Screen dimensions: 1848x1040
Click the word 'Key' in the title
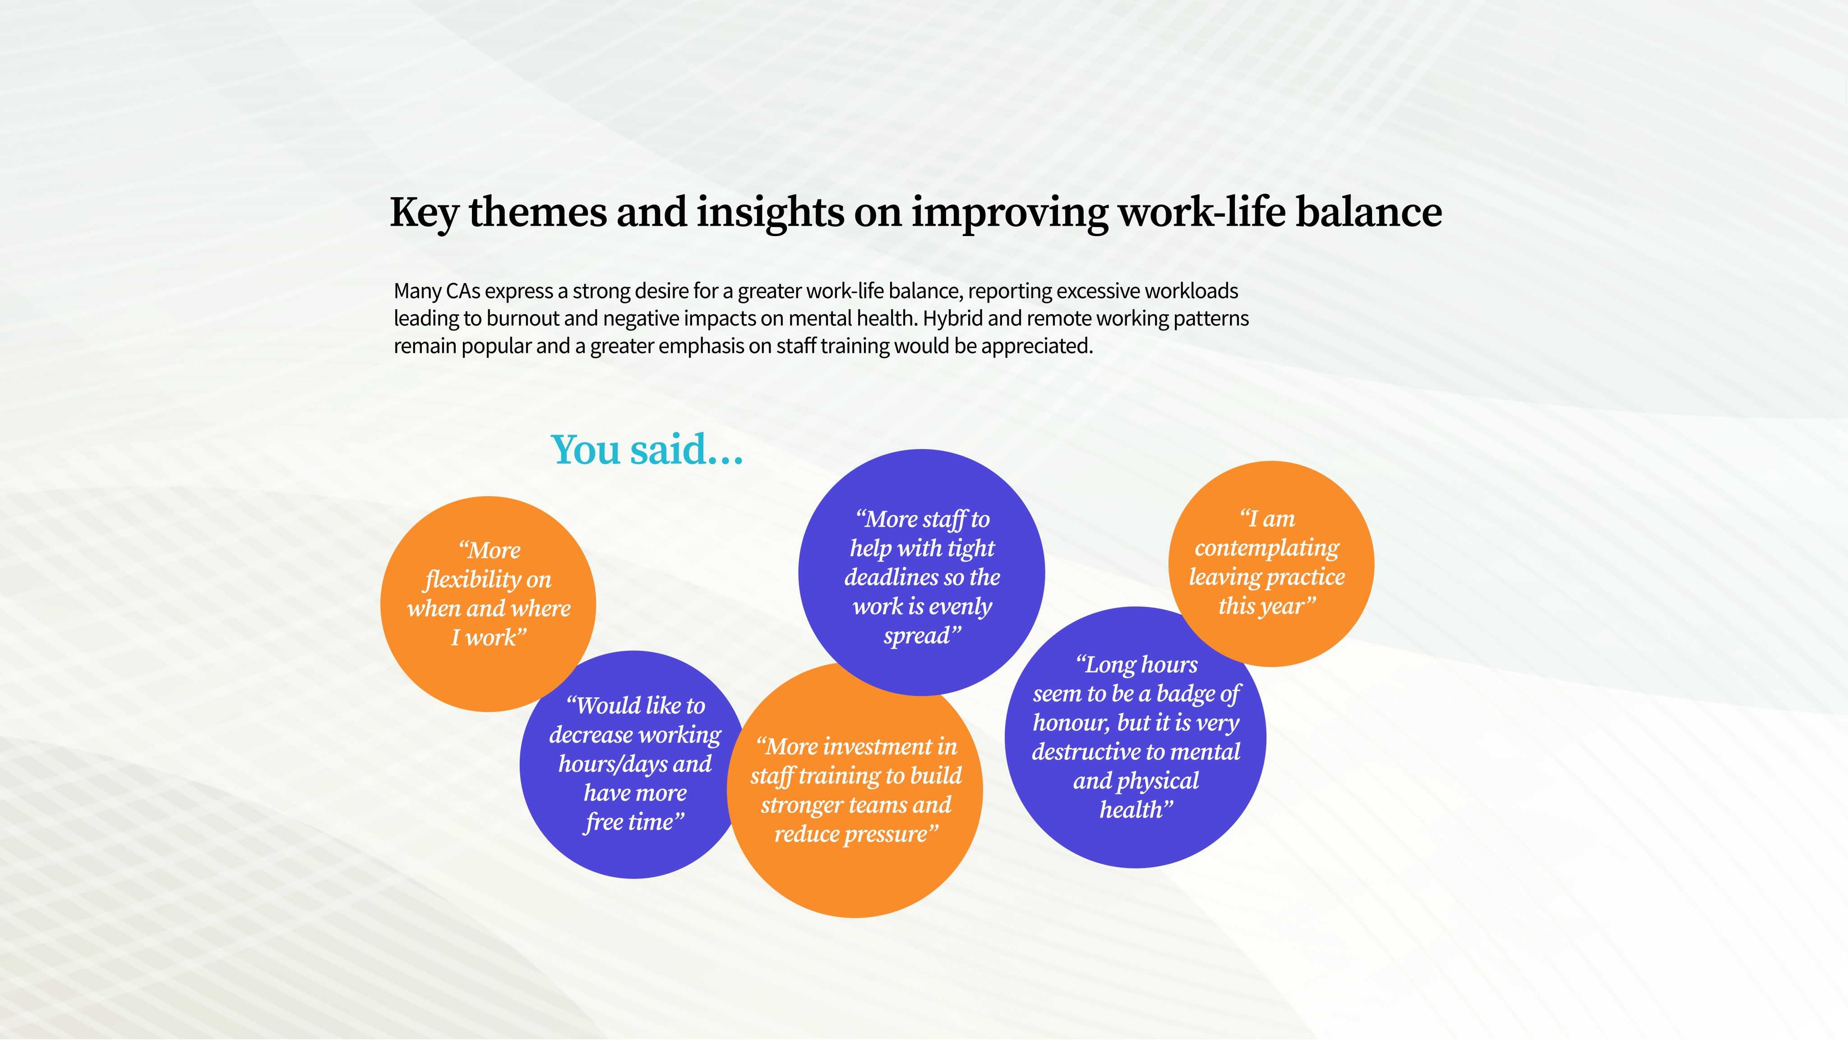click(424, 213)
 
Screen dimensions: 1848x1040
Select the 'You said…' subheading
click(647, 450)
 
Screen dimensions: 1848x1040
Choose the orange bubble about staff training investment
click(855, 790)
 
